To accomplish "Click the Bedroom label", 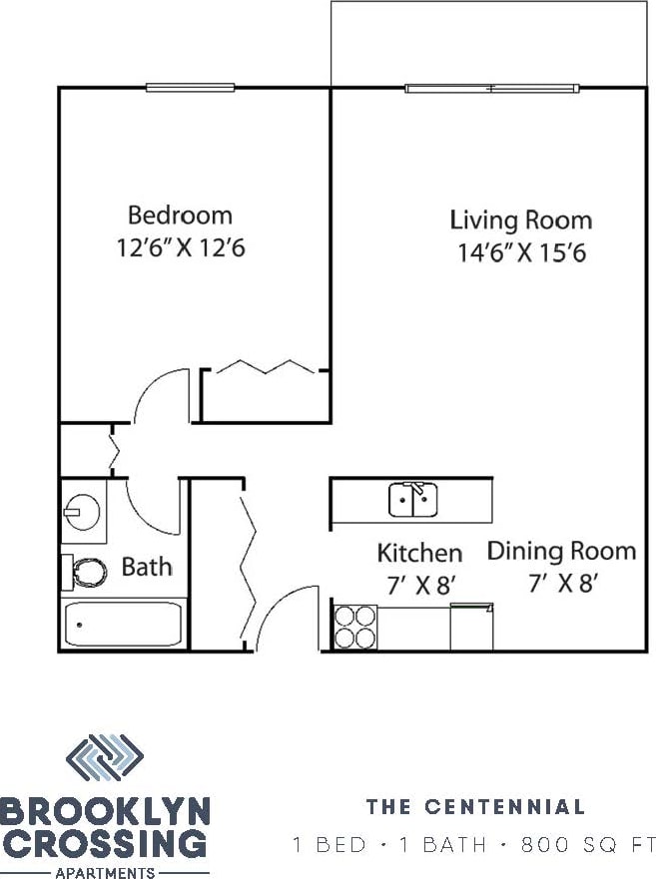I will point(180,215).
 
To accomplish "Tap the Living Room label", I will point(520,220).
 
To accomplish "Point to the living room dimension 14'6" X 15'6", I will point(520,252).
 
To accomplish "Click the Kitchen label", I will point(419,553).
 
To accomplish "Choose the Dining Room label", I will point(561,551).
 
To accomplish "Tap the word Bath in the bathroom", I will point(147,568).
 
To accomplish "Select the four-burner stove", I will point(355,627).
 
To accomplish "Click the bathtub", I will point(125,625).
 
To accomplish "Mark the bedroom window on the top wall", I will point(190,88).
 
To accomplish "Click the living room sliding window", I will point(492,88).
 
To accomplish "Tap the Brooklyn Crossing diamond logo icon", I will point(104,758).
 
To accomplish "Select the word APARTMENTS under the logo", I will point(105,872).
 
